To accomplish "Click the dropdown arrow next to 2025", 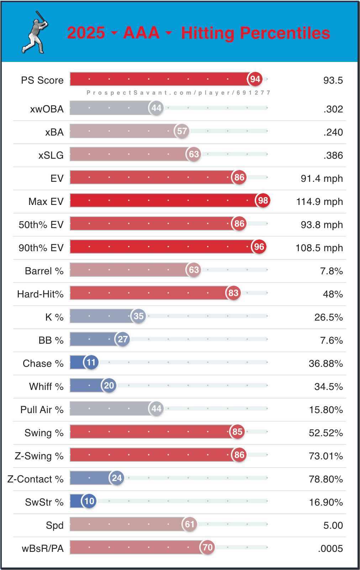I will (114, 33).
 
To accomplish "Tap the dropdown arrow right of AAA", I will (169, 33).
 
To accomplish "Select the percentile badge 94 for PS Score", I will (255, 79).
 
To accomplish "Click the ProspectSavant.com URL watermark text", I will (178, 93).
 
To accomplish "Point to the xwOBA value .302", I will (333, 109).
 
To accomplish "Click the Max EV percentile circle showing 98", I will (263, 200).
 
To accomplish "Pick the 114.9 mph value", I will (319, 202).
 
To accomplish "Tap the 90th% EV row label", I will (41, 248).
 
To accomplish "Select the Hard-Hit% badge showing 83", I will (233, 293).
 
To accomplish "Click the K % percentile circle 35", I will (139, 316).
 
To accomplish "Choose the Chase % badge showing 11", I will (91, 362).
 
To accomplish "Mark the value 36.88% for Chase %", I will (325, 364).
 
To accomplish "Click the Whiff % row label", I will (46, 386).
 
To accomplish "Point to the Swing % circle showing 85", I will (237, 432).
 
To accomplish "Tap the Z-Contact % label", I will (35, 479).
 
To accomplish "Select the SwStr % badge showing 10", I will (89, 501).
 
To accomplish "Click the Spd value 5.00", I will (333, 526).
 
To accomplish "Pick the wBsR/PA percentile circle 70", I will (208, 547).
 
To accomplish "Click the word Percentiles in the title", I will (285, 33).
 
